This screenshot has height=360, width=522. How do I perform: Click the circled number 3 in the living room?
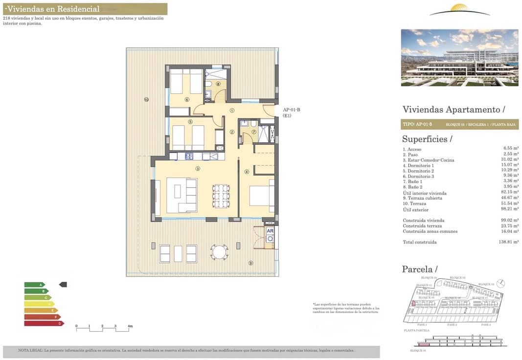point(198,169)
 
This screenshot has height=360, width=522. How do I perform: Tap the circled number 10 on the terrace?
point(146,100)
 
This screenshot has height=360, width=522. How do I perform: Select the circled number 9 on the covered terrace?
point(250,263)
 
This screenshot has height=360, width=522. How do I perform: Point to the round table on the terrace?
point(219,252)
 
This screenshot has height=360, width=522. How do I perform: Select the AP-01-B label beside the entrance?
point(292,110)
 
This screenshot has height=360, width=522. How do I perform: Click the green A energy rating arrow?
point(34,284)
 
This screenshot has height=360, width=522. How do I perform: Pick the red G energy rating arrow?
point(44,323)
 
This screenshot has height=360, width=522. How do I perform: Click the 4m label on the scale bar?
point(130,326)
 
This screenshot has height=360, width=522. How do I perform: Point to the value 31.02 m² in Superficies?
point(510,160)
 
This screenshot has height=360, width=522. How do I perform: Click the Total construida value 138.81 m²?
point(509,242)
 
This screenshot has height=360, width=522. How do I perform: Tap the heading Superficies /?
point(427,139)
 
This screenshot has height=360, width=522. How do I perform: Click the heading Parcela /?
point(419,269)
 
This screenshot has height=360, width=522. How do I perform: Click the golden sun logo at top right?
point(459,10)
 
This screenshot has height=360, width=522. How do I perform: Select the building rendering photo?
point(459,57)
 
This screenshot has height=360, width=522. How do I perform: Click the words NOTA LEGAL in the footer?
point(30,350)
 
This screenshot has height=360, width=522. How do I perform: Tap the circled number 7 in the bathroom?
point(254,132)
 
